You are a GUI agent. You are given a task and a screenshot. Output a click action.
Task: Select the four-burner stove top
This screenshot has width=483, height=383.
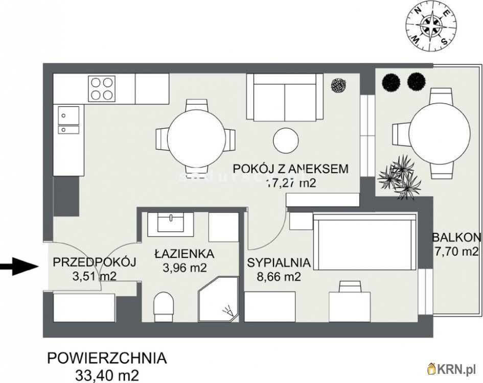point(101,88)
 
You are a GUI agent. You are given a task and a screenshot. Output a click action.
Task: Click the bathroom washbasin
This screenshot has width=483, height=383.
point(171,224)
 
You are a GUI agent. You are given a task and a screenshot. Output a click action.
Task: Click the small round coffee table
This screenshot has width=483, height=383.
point(285,139)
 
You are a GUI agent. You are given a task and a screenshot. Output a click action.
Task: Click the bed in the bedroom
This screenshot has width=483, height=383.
point(365,243)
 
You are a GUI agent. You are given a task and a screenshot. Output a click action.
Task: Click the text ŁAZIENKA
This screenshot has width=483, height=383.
point(177,253)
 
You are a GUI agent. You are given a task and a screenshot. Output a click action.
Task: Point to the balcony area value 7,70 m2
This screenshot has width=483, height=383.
point(456,251)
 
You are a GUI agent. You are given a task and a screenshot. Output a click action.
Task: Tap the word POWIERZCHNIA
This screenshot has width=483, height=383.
point(106,358)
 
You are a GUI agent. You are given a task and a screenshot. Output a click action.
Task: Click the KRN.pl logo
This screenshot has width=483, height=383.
point(452,368)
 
